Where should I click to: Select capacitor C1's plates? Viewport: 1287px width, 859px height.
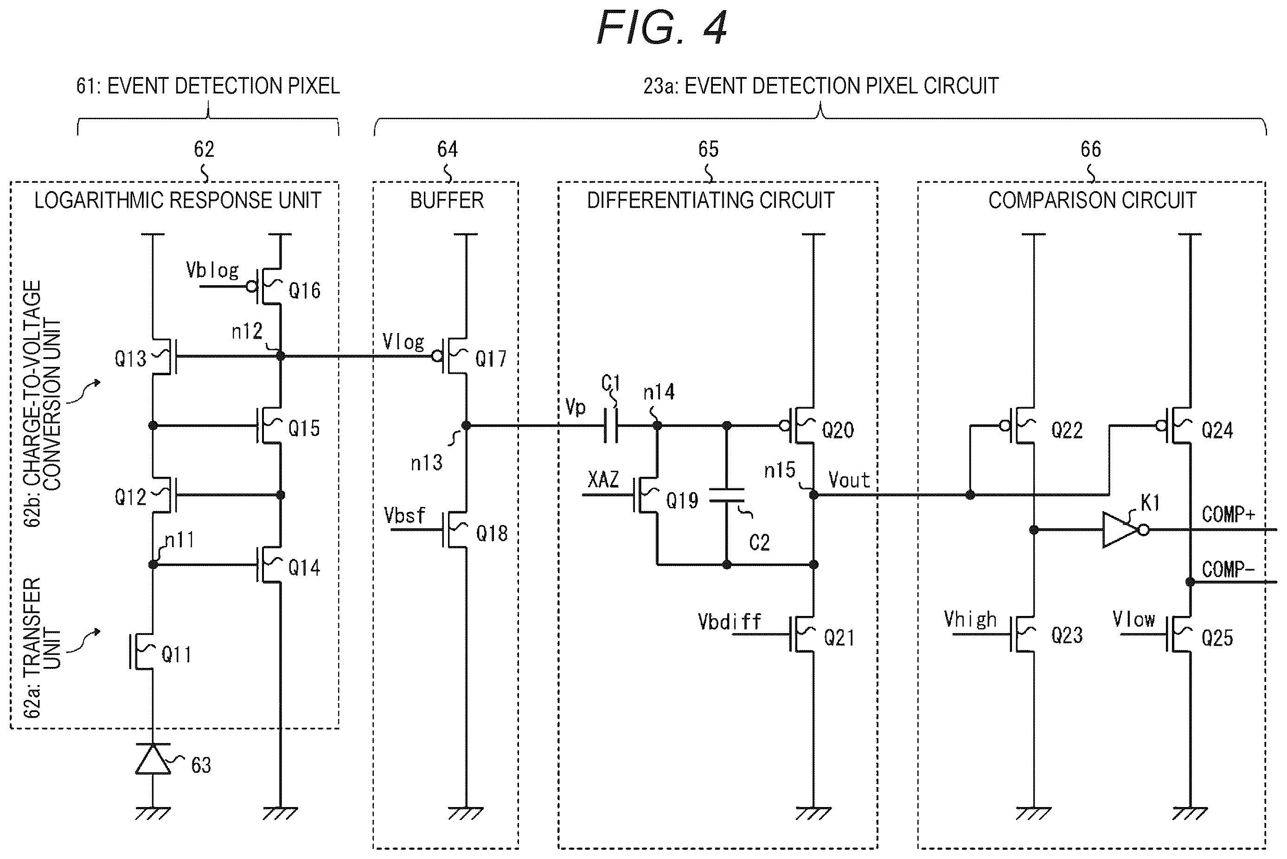point(611,426)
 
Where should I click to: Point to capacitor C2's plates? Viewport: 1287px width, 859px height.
point(727,495)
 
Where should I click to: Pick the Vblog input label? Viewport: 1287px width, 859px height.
point(212,270)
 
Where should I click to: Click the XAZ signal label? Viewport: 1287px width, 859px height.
point(603,480)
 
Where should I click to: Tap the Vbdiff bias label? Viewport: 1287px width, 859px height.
point(730,622)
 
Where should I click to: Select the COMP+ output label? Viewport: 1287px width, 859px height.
point(1228,514)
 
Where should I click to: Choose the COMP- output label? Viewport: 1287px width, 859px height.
point(1228,570)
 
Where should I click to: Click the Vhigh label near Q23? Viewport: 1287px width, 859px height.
point(970,620)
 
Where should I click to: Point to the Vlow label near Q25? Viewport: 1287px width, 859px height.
point(1133,620)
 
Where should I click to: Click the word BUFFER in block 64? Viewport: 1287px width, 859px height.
point(447,200)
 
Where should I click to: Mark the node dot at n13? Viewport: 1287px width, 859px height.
point(466,426)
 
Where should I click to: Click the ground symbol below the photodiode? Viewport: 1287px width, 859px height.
point(153,814)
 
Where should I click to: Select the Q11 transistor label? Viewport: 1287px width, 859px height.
point(176,654)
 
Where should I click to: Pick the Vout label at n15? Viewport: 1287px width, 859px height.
point(849,481)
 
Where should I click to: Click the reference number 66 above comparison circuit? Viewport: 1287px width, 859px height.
point(1090,149)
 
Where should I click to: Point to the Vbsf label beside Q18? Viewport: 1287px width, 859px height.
point(404,515)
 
